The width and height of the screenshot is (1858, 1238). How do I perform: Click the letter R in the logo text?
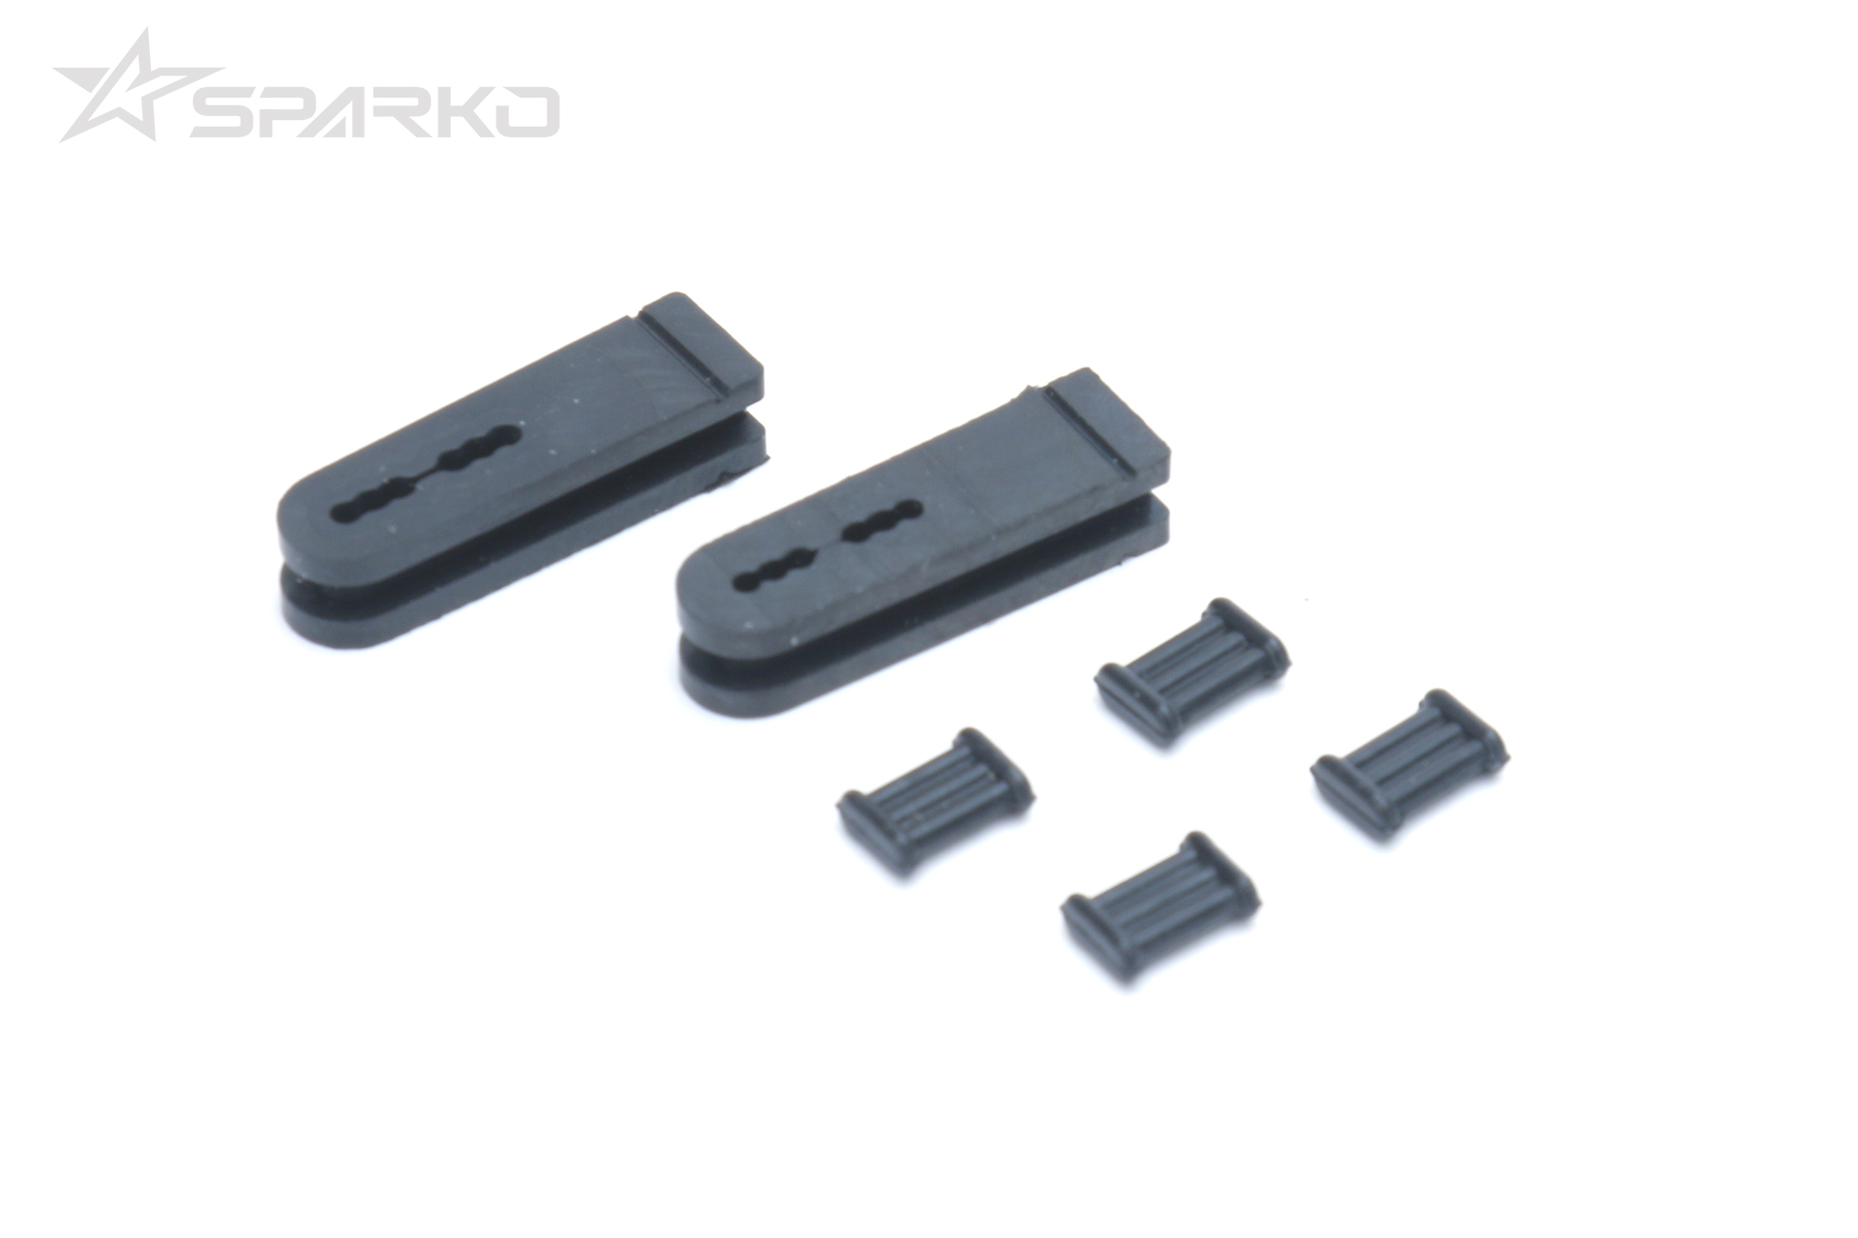418,112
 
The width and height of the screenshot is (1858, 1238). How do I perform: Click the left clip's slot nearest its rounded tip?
377,502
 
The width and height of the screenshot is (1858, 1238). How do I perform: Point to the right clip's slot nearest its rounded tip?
774,571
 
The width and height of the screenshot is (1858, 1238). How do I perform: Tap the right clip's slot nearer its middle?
881,519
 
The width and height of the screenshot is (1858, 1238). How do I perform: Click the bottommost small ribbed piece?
1160,905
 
